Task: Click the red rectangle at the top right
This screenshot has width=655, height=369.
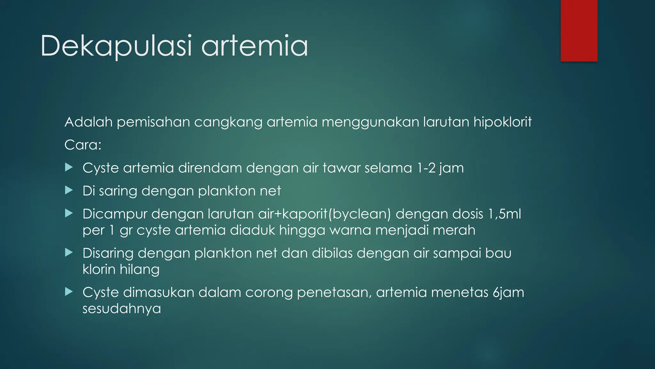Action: (579, 31)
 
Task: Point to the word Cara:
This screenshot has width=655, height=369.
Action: (83, 145)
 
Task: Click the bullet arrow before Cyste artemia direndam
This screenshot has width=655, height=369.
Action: (69, 167)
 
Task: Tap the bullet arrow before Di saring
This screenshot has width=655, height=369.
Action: (69, 190)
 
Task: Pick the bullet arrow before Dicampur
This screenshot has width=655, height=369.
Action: (69, 213)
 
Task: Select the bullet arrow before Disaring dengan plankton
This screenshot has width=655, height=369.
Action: (69, 252)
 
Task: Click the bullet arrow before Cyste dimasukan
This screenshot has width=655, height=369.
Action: (69, 291)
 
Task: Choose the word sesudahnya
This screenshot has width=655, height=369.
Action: (122, 309)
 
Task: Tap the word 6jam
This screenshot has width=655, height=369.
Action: (508, 292)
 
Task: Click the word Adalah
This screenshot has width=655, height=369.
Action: (89, 122)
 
